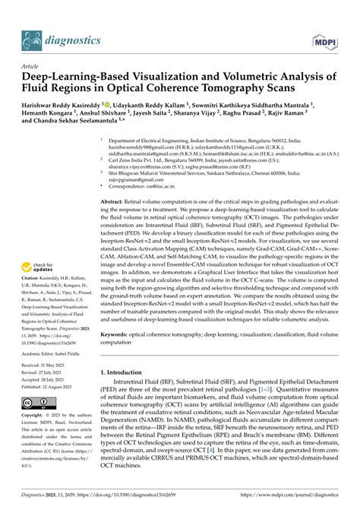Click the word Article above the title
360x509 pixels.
(30, 66)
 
